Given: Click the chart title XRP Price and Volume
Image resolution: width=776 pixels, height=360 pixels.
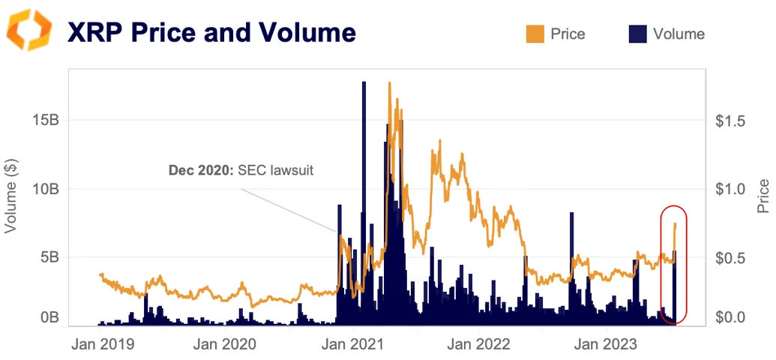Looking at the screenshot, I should [x=211, y=33].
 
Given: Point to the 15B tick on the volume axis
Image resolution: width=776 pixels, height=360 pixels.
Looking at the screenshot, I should [x=45, y=120].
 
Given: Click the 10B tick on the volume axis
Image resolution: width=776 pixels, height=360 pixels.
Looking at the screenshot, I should [x=45, y=189].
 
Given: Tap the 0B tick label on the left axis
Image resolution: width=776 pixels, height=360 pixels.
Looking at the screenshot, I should [x=49, y=318].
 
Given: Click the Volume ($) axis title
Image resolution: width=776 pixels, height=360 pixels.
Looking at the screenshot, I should [x=11, y=196].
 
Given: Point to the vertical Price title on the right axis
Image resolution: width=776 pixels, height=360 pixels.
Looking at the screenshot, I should [x=763, y=196].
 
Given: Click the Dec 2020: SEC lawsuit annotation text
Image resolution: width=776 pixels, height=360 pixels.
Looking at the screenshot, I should [x=241, y=170].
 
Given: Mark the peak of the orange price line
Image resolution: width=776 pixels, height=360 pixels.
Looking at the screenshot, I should [x=390, y=83].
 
